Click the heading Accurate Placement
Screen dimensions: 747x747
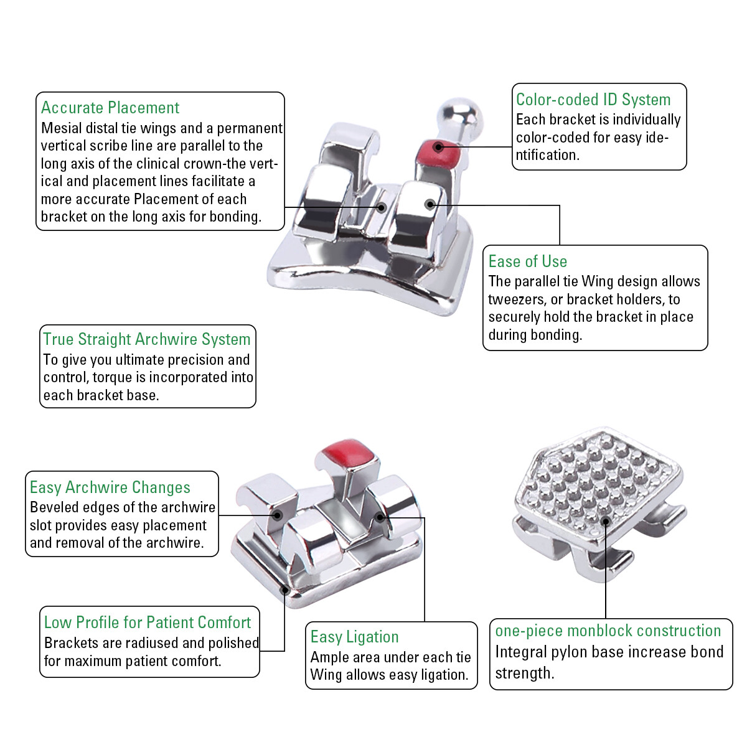[x=110, y=108]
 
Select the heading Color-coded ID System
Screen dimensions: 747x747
[x=593, y=100]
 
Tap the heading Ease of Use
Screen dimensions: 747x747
[x=527, y=261]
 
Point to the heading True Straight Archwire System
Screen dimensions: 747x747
[x=146, y=339]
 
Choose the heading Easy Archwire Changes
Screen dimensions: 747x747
[x=110, y=487]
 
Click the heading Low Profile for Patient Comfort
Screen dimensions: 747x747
[x=148, y=622]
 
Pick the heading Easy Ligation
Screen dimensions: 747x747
[x=354, y=637]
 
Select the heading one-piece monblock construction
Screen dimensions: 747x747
[x=608, y=631]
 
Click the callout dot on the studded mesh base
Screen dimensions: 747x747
[x=606, y=522]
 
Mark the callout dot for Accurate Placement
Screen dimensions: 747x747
[x=382, y=207]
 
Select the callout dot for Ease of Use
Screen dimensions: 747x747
[x=430, y=204]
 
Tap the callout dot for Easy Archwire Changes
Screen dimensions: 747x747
[x=277, y=515]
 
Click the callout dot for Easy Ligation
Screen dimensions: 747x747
[x=380, y=517]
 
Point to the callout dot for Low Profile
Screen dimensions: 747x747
[x=285, y=590]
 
